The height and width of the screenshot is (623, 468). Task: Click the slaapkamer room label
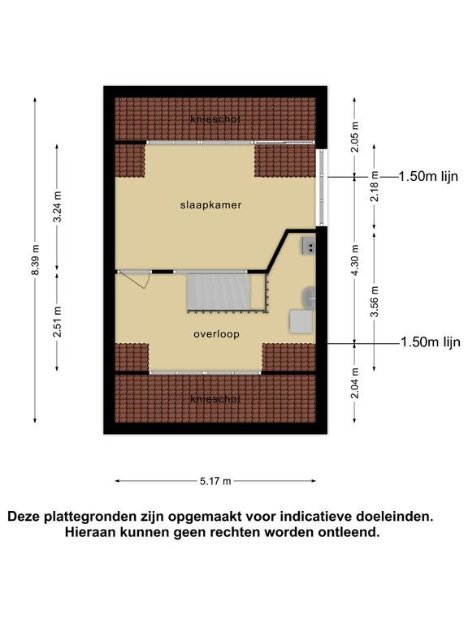pos(210,205)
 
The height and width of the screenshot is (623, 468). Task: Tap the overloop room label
pos(216,334)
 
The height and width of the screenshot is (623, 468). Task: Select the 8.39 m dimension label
pos(36,260)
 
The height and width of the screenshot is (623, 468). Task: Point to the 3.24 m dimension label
pos(58,207)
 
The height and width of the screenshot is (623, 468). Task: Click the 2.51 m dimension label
pos(58,322)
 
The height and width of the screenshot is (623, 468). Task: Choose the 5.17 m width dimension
pos(215,482)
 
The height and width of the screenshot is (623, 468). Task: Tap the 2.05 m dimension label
pos(355,137)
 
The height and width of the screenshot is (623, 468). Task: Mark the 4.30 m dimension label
pos(355,260)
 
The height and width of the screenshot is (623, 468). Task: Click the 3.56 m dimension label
pos(375,302)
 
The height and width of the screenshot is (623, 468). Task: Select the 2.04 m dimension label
pos(355,383)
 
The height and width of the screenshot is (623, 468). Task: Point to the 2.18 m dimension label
pos(375,187)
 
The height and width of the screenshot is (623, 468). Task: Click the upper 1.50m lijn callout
pos(428,176)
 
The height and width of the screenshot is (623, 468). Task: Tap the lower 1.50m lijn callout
pos(431,342)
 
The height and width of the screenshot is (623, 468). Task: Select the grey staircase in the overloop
pos(219,291)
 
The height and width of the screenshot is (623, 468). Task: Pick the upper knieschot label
pos(215,119)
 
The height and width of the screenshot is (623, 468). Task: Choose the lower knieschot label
pos(215,399)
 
